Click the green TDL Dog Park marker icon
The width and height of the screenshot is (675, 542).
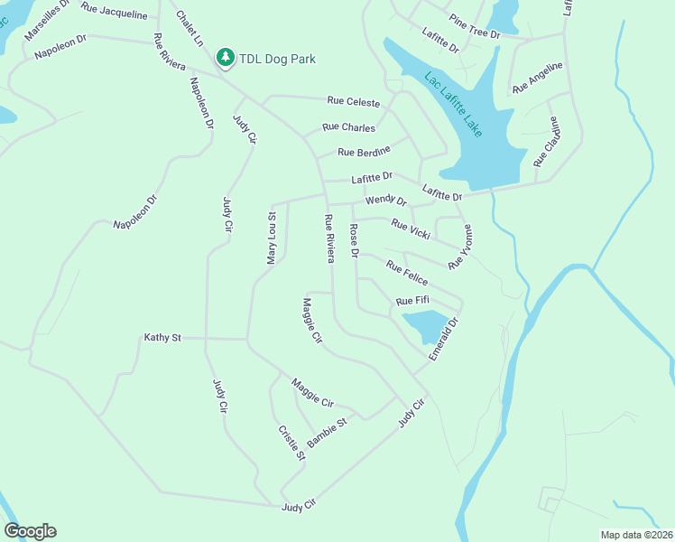coord(225,59)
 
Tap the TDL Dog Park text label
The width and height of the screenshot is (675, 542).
coord(277,60)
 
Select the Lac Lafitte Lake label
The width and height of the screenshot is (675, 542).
coord(454,105)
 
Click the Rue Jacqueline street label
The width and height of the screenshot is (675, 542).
coord(114,10)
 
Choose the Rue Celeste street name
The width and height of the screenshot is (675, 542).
coord(354,104)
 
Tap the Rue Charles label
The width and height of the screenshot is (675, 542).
coord(348,128)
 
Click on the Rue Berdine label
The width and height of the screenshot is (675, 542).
coord(364,152)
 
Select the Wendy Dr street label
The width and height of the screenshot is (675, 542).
coord(385,200)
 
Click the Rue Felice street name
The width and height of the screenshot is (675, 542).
coord(406,273)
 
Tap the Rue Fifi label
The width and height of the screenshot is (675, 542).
coord(412,301)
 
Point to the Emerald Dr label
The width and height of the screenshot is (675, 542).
coord(444,339)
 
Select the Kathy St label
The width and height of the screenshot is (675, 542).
coord(162,338)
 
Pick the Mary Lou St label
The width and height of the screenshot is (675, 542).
coord(271,238)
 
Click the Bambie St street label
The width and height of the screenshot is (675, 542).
coord(327,433)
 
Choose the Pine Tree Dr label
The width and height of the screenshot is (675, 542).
coord(474,26)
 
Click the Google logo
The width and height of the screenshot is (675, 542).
coord(30,531)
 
